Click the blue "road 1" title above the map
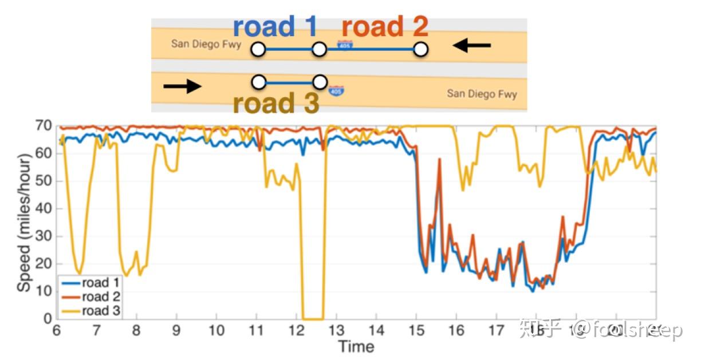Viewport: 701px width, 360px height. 276,27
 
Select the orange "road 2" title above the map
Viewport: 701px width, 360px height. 385,27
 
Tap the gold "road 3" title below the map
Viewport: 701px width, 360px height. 275,104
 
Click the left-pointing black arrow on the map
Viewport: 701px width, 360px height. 471,45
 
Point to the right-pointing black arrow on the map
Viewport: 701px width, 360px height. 182,86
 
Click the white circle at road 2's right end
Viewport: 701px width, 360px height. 421,50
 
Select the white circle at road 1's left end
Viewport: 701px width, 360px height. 258,50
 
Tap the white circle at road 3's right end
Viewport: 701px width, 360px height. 320,82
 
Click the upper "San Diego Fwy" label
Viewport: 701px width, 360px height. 206,44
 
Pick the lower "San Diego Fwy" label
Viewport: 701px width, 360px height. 482,93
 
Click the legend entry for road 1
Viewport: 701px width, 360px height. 92,283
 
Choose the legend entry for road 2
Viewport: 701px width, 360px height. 92,296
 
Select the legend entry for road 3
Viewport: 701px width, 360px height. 92,310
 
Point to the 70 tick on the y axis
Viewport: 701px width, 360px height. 45,125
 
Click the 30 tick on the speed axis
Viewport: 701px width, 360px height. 45,236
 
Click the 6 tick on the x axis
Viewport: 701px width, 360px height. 57,331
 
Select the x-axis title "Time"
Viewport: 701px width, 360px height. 356,346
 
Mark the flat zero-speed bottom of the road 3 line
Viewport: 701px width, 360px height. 313,319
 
